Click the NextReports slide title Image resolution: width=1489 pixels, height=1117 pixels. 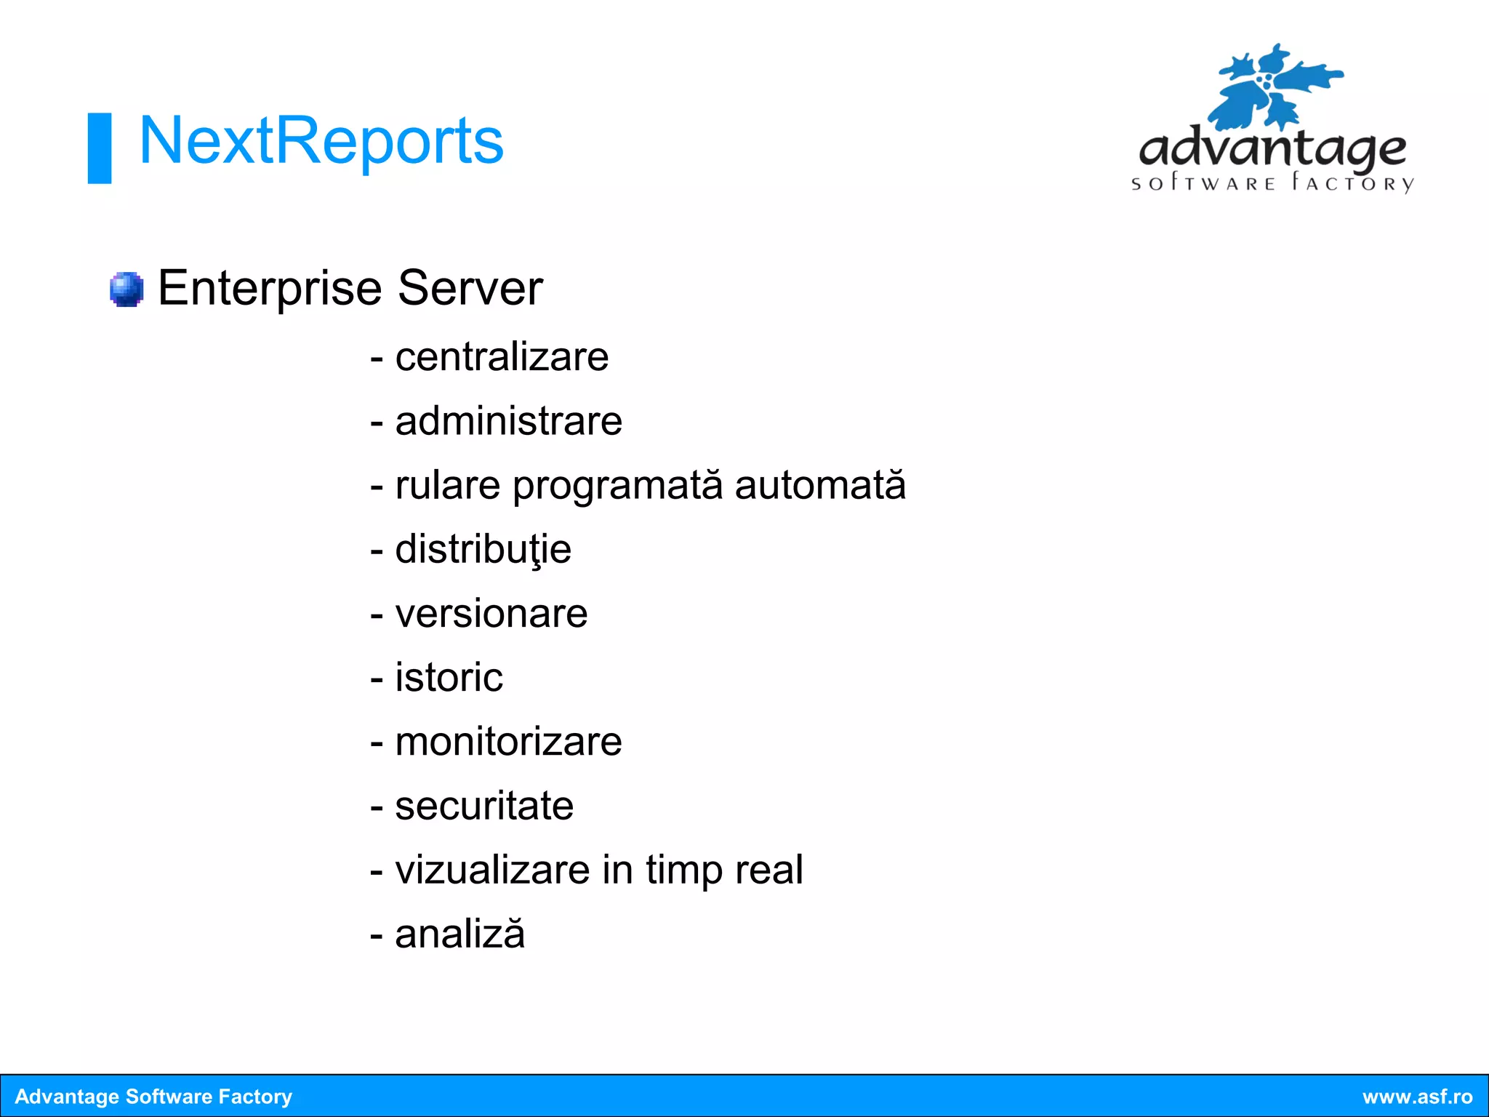click(x=321, y=141)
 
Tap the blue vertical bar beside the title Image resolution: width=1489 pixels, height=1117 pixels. click(x=100, y=148)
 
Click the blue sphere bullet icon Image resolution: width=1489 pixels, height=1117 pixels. click(x=127, y=289)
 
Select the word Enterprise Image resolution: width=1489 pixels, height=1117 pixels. click(x=269, y=289)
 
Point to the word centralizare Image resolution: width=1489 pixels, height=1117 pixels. click(x=502, y=357)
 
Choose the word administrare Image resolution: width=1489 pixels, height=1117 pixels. click(x=508, y=421)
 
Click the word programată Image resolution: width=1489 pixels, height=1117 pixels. click(x=617, y=486)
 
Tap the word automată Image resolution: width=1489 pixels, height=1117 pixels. click(x=820, y=485)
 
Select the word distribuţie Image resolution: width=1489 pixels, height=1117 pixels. click(x=483, y=550)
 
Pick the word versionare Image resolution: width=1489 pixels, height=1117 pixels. click(x=491, y=614)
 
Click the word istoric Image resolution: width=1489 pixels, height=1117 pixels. click(x=449, y=678)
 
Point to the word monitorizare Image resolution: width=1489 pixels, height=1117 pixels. click(x=508, y=742)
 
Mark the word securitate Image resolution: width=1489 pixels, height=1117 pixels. click(x=484, y=806)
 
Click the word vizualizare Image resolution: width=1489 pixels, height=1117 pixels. click(x=492, y=870)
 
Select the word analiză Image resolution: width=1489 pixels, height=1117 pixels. click(x=459, y=934)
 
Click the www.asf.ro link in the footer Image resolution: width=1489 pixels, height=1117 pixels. click(x=1417, y=1097)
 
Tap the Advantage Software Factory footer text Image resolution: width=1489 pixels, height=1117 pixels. click(x=153, y=1097)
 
